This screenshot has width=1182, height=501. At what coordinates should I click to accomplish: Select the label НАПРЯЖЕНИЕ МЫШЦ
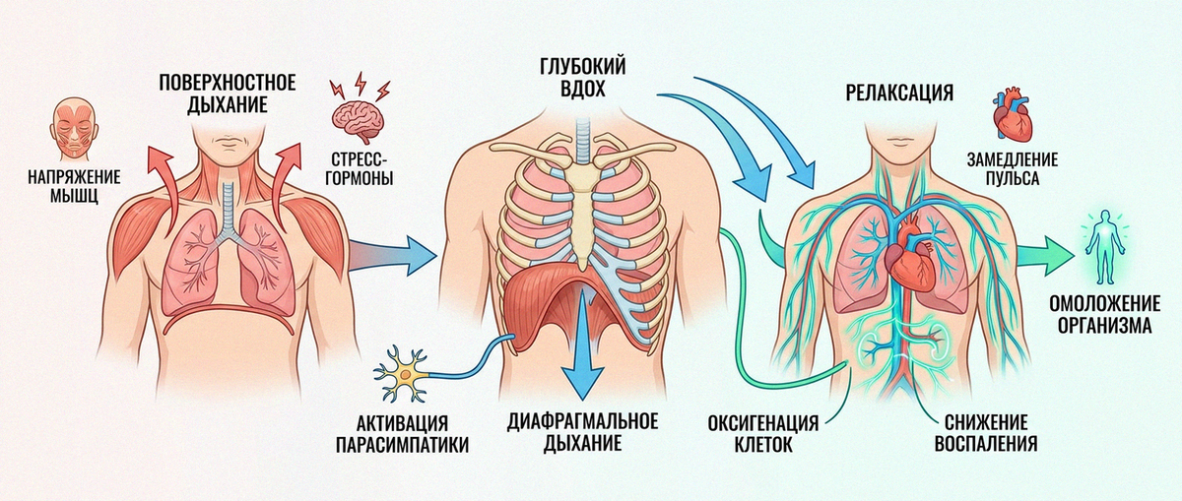point(74,186)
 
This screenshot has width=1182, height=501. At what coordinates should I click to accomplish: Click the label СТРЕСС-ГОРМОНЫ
point(359,168)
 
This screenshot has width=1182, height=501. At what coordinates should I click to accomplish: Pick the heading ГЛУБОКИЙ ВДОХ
point(582,78)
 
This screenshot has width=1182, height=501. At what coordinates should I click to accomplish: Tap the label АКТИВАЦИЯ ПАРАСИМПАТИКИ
point(402,434)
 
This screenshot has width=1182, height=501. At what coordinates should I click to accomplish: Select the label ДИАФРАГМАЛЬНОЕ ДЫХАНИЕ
point(582,432)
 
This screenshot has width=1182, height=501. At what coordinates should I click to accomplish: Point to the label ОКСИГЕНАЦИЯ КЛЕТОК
point(763,433)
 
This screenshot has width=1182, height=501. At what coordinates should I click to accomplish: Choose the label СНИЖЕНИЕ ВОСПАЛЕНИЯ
point(986,433)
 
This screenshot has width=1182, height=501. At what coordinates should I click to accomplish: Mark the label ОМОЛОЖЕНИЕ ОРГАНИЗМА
point(1104,314)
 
